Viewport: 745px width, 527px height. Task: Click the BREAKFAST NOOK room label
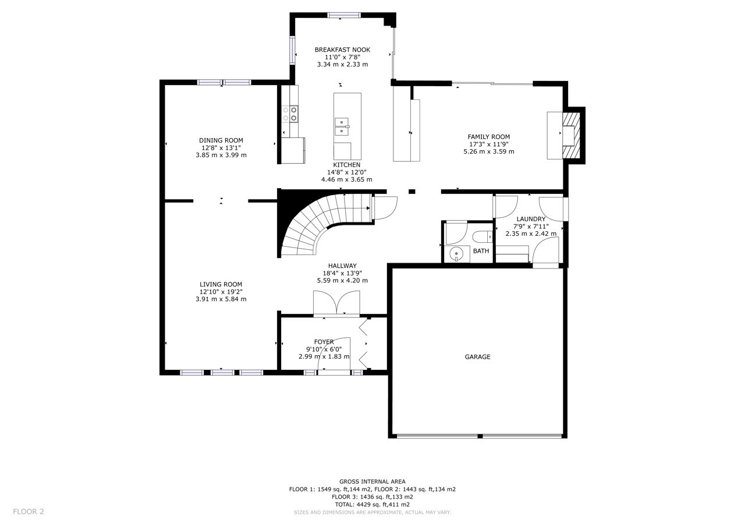click(x=342, y=49)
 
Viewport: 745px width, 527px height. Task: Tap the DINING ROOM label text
click(x=221, y=140)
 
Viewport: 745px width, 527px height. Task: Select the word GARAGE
click(x=478, y=357)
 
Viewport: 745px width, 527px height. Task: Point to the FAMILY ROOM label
click(x=488, y=137)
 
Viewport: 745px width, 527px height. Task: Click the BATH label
click(x=481, y=251)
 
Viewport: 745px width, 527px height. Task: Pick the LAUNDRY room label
click(x=531, y=219)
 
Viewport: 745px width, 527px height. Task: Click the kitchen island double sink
click(x=342, y=127)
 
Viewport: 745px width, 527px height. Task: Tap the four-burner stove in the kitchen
click(x=290, y=114)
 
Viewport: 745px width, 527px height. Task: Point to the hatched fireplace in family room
click(x=571, y=136)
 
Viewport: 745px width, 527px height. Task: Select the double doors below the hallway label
click(x=336, y=303)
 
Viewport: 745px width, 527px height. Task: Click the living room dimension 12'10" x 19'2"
click(x=221, y=292)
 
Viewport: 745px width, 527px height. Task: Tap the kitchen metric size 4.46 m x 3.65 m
click(x=346, y=180)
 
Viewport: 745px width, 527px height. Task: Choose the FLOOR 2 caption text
click(x=29, y=512)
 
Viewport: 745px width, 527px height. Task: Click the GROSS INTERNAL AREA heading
click(x=372, y=482)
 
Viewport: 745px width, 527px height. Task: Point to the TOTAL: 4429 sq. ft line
click(x=372, y=504)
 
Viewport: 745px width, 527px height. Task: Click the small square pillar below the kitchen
click(x=411, y=192)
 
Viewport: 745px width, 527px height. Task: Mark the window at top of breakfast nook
click(x=344, y=15)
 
